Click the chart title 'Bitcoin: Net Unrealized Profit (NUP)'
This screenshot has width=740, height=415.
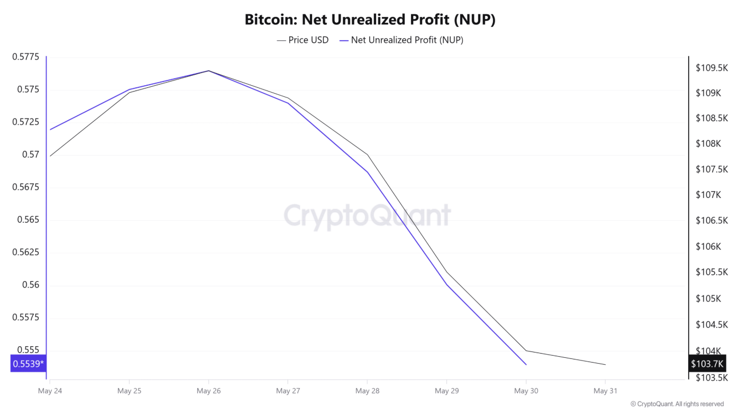coord(370,20)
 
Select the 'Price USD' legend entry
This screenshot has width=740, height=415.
coord(303,40)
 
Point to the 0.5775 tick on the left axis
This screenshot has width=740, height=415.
coord(25,57)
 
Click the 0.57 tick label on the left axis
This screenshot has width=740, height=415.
coord(31,155)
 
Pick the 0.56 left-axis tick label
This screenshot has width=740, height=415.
coord(31,285)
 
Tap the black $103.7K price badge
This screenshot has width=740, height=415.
coord(707,364)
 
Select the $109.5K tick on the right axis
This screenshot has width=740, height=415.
coord(711,68)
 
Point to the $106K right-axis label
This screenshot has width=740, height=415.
coord(708,247)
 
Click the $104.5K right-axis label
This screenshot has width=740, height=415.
coord(711,324)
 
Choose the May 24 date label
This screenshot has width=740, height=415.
coord(50,391)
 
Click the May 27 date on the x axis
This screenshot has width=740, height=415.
coord(288,391)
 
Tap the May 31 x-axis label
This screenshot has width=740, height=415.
coord(605,391)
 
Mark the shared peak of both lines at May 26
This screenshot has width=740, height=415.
coord(208,70)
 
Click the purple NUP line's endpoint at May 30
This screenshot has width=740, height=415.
coord(526,364)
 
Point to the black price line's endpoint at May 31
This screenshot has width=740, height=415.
coord(605,364)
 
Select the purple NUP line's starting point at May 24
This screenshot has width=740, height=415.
coord(50,129)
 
